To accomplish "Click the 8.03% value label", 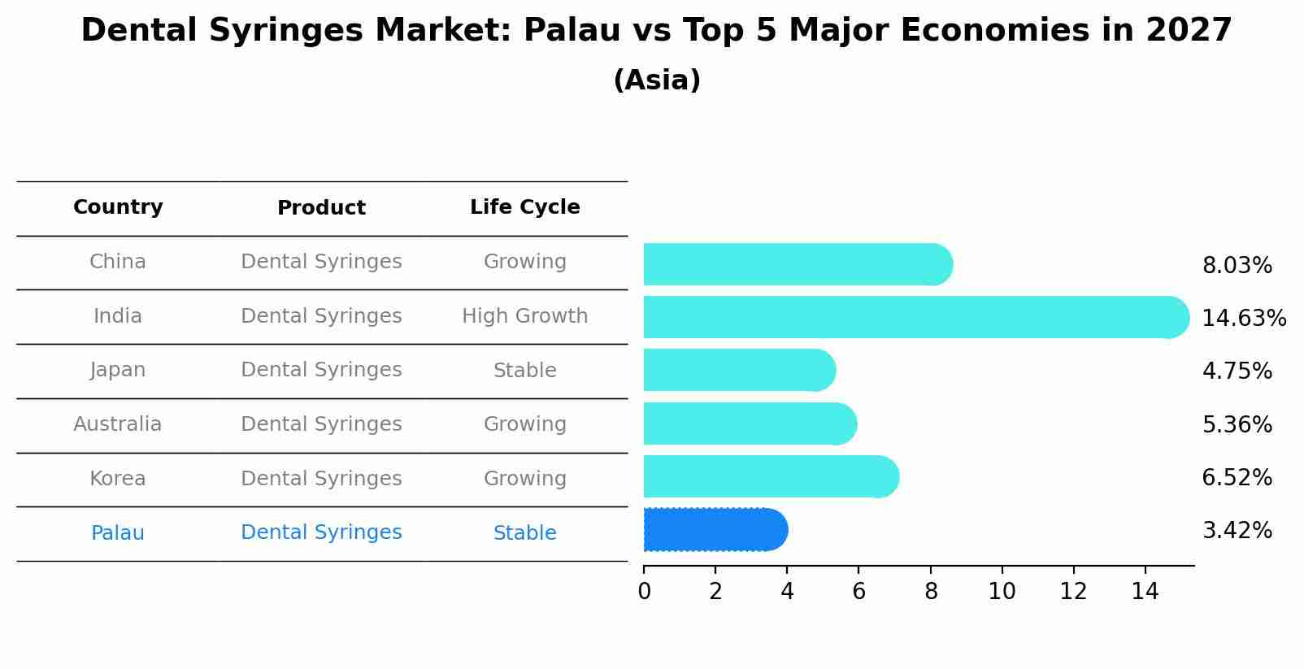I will click(x=1237, y=266).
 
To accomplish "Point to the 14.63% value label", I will click(x=1243, y=318).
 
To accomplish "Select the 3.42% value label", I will click(x=1237, y=531).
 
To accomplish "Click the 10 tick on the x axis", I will click(x=1002, y=592).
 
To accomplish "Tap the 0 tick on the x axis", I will click(x=644, y=592).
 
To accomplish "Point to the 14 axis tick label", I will click(x=1145, y=592).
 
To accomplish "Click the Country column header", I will click(x=118, y=207).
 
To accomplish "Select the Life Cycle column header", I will click(x=524, y=207).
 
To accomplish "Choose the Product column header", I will click(x=321, y=208).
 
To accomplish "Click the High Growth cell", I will click(x=524, y=316).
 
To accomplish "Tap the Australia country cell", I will click(x=118, y=424).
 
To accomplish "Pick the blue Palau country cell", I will click(x=118, y=533).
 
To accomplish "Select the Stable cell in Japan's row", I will click(x=524, y=371).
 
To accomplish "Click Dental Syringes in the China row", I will click(x=321, y=262).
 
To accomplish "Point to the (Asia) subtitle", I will click(x=657, y=80).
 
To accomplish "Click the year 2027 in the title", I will click(x=1189, y=31).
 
